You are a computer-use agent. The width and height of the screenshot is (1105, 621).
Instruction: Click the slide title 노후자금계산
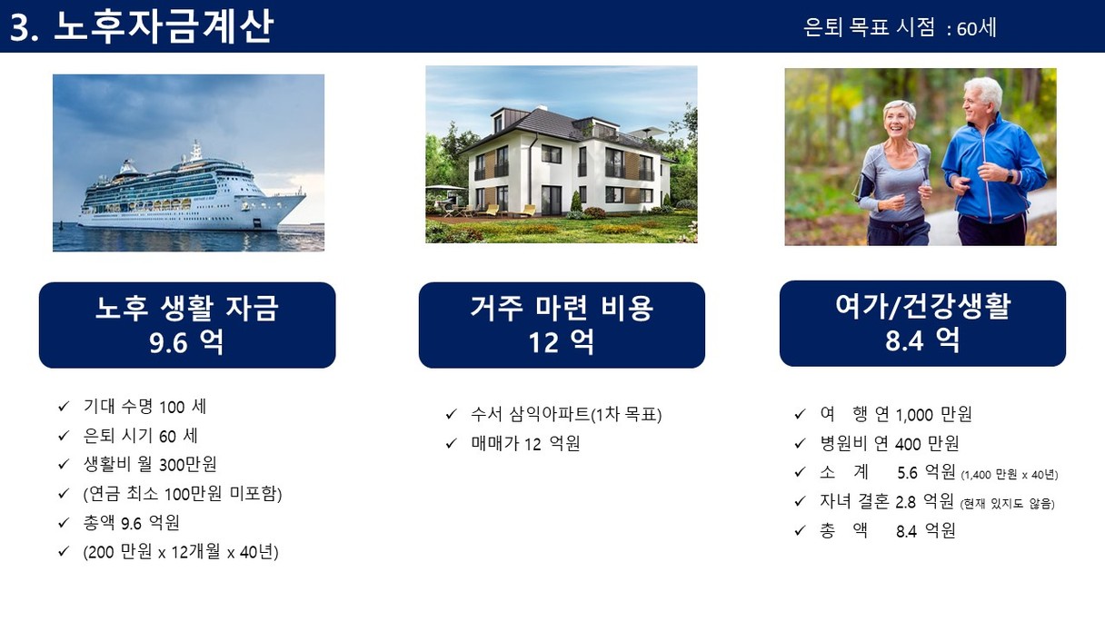coord(163,26)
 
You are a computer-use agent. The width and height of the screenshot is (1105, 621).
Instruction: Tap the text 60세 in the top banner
coord(976,28)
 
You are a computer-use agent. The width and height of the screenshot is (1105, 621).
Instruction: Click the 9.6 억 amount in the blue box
coord(186,341)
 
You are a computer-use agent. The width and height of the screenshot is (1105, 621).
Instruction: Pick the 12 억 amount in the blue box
coord(562,341)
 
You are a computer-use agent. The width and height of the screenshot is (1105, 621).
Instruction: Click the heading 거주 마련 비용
coord(562,307)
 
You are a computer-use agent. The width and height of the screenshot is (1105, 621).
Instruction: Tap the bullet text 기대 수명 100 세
coord(144,407)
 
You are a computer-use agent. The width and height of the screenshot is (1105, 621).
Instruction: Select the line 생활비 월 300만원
coord(150,464)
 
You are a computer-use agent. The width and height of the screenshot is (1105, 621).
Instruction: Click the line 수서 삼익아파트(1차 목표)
coord(566,415)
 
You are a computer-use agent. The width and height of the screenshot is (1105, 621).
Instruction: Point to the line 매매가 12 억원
coord(525,444)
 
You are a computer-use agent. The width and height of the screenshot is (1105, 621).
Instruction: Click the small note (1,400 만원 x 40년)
coord(1010,475)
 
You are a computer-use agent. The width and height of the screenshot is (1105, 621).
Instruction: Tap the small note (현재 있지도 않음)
coord(1007,504)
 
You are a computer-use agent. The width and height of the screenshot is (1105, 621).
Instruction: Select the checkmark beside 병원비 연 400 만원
coord(800,444)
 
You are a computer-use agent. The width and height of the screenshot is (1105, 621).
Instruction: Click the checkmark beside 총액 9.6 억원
coord(63,522)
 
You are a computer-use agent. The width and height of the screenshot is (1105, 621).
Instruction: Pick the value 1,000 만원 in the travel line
coord(933,415)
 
